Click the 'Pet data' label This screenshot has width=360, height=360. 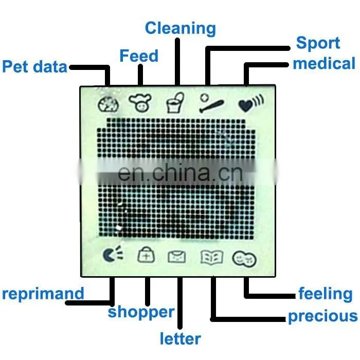click(34, 66)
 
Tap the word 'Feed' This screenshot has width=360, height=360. click(139, 56)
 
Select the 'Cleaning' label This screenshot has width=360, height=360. click(181, 28)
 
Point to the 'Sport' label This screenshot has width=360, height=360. click(318, 43)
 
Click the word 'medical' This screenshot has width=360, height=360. click(324, 63)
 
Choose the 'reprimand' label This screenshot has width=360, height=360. click(43, 294)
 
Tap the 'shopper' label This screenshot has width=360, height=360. click(141, 312)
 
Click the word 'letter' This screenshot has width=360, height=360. click(180, 338)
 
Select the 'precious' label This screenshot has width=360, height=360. click(323, 316)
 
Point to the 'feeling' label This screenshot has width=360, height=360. click(326, 294)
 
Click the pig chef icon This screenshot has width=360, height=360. click(140, 103)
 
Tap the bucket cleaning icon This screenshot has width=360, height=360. click(175, 103)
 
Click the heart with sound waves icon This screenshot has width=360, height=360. click(251, 103)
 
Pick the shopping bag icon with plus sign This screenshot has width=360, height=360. click(146, 255)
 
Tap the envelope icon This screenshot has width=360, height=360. click(177, 257)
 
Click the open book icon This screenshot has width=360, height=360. click(212, 257)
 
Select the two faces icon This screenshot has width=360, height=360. click(244, 259)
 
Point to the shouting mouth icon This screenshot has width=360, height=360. click(113, 254)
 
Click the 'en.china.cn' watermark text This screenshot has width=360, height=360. click(180, 173)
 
